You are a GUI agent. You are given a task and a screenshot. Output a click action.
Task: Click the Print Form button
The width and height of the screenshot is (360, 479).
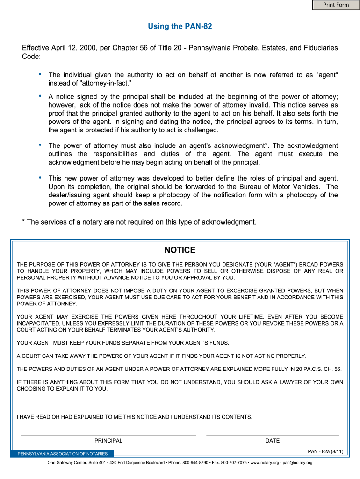click(336, 5)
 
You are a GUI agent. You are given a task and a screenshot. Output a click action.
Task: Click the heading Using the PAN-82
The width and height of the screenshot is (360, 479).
click(180, 27)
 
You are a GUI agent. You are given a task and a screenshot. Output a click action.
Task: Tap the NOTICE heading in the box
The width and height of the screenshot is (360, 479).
click(180, 250)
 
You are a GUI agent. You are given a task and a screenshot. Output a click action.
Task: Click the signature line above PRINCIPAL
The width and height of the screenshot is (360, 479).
click(108, 435)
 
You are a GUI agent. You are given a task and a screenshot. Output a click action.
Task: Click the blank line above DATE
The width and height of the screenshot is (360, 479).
click(273, 435)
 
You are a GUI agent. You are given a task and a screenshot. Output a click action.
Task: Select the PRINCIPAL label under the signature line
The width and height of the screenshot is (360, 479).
click(108, 441)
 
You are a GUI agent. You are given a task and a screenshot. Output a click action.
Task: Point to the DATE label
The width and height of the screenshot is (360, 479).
click(273, 441)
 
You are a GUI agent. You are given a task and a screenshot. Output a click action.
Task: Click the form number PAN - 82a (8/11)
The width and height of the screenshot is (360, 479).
click(325, 451)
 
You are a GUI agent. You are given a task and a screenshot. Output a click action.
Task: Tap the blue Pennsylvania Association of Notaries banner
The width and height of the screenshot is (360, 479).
click(63, 454)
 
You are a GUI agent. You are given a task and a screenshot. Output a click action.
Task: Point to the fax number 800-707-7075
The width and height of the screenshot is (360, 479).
click(233, 463)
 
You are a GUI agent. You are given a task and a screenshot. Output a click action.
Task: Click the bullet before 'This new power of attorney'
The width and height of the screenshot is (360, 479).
click(40, 178)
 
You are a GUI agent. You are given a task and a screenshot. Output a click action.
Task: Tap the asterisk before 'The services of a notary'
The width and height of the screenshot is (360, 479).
click(24, 222)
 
